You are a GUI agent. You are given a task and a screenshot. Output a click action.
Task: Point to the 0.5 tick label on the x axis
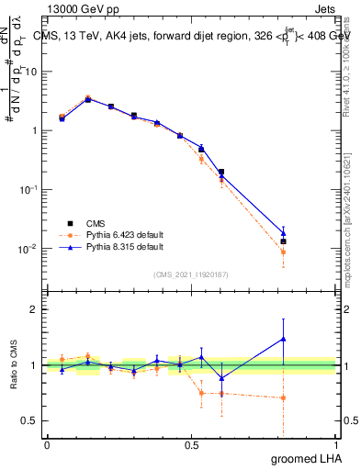coord(190,445)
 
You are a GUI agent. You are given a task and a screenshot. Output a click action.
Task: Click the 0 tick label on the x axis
coord(47,445)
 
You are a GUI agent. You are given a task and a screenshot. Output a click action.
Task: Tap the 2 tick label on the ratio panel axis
coord(35,309)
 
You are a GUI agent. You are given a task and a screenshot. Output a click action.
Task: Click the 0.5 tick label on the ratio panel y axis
coord(30,421)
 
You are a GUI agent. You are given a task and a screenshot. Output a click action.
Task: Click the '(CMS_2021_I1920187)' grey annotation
coord(191,274)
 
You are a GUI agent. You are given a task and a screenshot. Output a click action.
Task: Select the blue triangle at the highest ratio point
coord(283,339)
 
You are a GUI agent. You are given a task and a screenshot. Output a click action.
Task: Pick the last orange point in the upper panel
coord(283,252)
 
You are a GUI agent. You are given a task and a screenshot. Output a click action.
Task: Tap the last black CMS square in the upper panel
coord(283,241)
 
